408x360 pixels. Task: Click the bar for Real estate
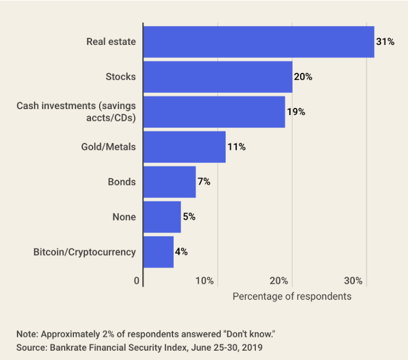[x=258, y=42]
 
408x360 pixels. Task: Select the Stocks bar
[x=217, y=77]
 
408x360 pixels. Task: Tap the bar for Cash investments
[x=214, y=112]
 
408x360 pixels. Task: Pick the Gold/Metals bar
[x=184, y=147]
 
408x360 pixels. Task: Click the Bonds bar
[x=169, y=182]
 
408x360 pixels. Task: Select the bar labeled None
[x=161, y=217]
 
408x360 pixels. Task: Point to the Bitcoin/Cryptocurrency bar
[x=158, y=252]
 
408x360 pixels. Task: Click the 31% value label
[x=385, y=42]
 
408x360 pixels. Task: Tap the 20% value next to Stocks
[x=303, y=77]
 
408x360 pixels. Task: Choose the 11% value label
[x=236, y=147]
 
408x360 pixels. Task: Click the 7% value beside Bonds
[x=203, y=182]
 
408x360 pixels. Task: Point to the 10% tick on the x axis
[x=205, y=281]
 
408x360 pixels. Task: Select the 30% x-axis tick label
[x=353, y=281]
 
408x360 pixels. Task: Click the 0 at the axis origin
[x=137, y=281]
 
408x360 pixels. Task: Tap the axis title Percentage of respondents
[x=292, y=296]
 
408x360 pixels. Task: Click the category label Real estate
[x=111, y=42]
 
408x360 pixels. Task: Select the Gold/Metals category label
[x=108, y=147]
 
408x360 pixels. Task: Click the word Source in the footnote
[x=30, y=347]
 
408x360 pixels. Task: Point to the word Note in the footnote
[x=26, y=334]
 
